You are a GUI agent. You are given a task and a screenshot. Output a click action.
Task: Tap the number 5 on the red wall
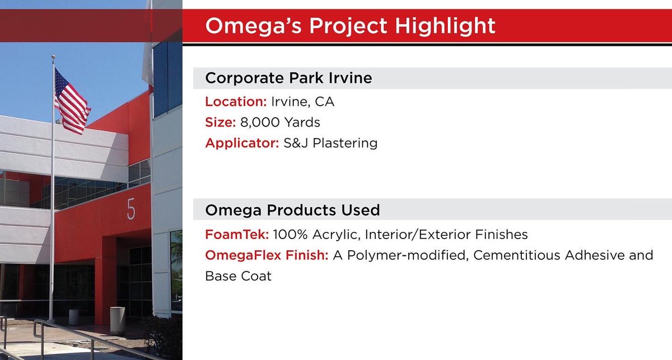(x=130, y=209)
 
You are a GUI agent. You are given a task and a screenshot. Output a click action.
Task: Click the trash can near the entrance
(x=117, y=320)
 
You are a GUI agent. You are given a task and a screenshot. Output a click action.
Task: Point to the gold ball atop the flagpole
(x=53, y=57)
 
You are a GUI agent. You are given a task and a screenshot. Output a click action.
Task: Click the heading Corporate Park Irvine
(x=288, y=78)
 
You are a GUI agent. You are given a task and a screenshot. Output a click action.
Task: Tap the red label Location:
(x=235, y=102)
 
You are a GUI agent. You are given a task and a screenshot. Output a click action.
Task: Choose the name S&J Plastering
(x=330, y=143)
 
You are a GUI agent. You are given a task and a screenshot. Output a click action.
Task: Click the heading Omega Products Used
(x=292, y=211)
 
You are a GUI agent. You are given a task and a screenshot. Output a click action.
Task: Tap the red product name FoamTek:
(x=237, y=234)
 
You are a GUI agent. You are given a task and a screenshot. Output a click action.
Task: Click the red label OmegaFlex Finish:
(x=267, y=255)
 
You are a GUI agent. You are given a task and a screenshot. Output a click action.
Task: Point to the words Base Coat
(x=238, y=276)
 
